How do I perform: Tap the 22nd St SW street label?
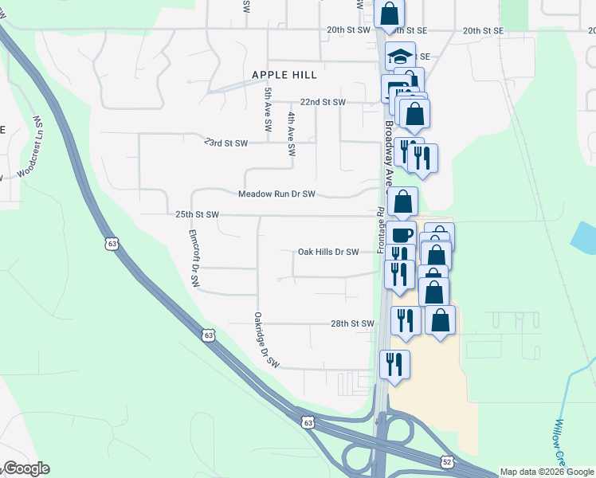pyautogui.click(x=323, y=103)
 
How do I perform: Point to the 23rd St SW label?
pyautogui.click(x=225, y=143)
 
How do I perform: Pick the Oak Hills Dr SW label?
pyautogui.click(x=329, y=252)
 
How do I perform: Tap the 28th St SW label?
pyautogui.click(x=352, y=323)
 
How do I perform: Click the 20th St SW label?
pyautogui.click(x=348, y=29)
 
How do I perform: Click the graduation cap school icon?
pyautogui.click(x=400, y=57)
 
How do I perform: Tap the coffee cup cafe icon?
pyautogui.click(x=402, y=235)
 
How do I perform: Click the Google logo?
pyautogui.click(x=26, y=468)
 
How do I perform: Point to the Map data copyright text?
pyautogui.click(x=547, y=472)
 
